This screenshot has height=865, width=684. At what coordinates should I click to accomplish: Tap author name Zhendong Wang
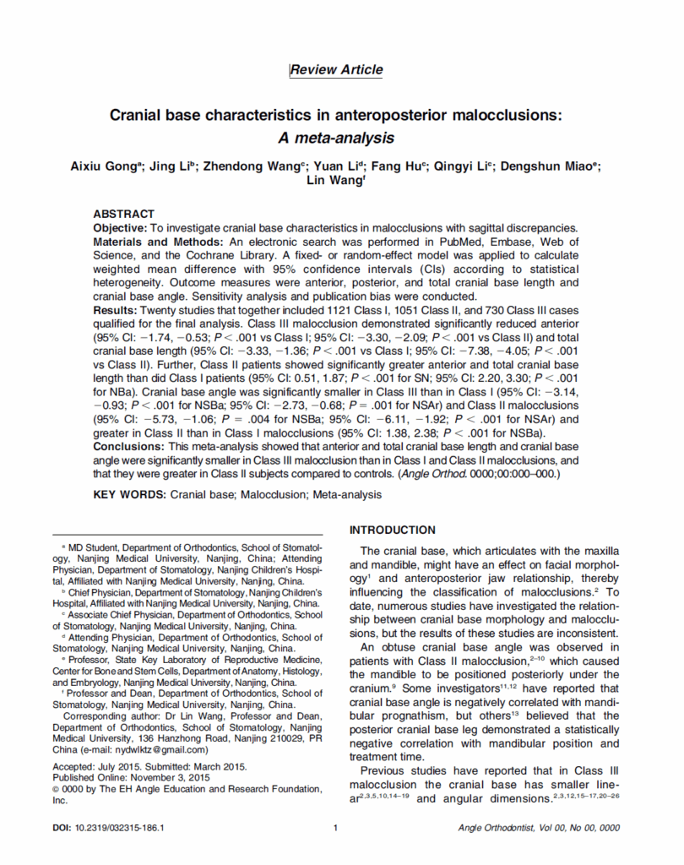pyautogui.click(x=253, y=166)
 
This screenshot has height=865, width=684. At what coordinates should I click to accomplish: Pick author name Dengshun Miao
pyautogui.click(x=549, y=166)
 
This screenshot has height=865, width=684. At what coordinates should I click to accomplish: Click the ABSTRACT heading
pyautogui.click(x=124, y=215)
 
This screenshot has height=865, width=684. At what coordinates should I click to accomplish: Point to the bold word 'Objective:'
pyautogui.click(x=119, y=228)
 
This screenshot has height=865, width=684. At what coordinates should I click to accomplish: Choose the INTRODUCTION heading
pyautogui.click(x=393, y=530)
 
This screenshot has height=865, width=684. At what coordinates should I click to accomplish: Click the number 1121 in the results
pyautogui.click(x=325, y=312)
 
